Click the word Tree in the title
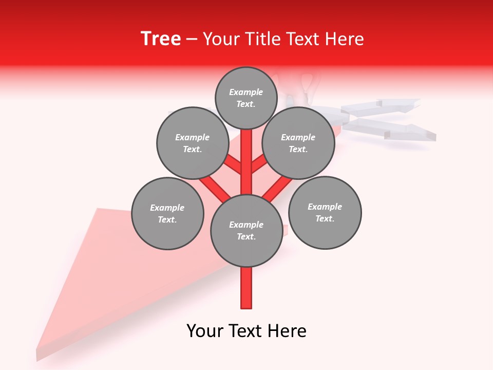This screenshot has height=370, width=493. [161, 39]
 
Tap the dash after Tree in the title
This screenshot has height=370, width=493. [192, 40]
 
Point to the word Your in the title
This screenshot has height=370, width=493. [222, 39]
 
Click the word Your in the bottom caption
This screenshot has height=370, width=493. [205, 330]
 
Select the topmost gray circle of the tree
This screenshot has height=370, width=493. [246, 98]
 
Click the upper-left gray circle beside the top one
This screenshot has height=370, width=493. [193, 143]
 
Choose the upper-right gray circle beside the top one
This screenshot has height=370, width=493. [298, 143]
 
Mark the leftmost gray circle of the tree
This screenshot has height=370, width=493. [167, 213]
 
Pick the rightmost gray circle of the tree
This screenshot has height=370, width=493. [325, 212]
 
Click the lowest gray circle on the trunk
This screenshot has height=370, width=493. [246, 230]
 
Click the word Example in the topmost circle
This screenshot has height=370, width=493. [246, 92]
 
